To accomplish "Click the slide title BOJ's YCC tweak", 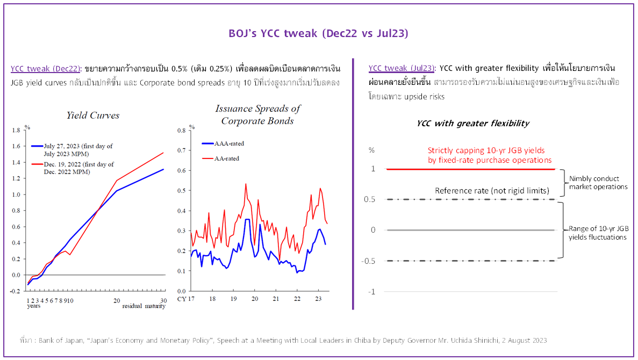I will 318,33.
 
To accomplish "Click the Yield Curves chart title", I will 93,115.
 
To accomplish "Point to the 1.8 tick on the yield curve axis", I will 16,130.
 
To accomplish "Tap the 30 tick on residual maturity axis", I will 164,300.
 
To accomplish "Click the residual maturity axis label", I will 144,306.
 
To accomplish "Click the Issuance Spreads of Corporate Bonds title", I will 257,114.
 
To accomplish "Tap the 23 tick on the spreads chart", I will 318,299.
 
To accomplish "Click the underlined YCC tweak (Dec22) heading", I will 46,69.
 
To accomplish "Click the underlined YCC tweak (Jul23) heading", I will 402,68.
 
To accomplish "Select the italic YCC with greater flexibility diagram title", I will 473,124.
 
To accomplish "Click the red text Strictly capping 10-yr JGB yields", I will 490,155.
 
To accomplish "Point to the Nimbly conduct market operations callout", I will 598,183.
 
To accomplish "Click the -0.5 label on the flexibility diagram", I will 372,261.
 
